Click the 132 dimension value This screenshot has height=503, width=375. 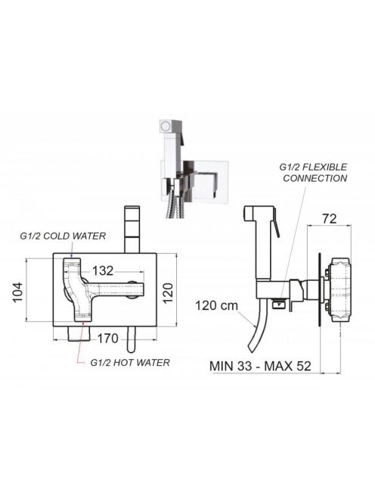coord(103,270)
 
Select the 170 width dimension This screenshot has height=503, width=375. coord(108,339)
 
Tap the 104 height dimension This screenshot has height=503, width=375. coord(18,292)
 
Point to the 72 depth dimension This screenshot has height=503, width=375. coord(330,219)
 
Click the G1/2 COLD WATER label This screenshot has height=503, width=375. coord(63,236)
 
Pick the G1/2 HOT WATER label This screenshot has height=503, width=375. coord(130,363)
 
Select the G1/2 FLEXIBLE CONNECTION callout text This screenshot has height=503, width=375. coord(314,173)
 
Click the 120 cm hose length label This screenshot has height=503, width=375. coord(217,305)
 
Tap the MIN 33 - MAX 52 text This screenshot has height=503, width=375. coord(260,366)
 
